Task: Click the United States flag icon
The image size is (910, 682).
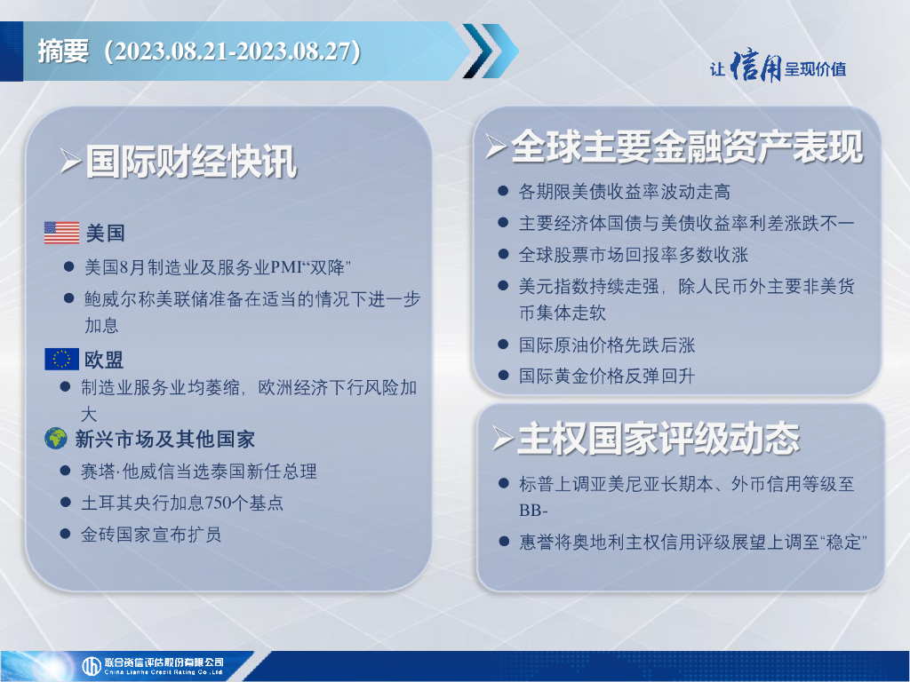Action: pos(61,233)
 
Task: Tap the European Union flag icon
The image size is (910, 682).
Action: pos(61,359)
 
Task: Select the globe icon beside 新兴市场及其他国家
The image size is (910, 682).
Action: pos(56,439)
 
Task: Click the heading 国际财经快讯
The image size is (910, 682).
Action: pos(192,162)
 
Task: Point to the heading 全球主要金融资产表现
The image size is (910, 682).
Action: pos(687,147)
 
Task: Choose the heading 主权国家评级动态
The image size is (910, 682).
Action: pos(659,439)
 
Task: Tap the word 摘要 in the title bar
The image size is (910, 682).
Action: pos(63,51)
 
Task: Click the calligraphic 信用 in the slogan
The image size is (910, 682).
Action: pos(755,67)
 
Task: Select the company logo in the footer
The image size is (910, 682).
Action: pos(153,666)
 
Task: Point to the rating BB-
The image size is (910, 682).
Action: pos(533,511)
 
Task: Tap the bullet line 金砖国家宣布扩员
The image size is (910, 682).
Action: pos(151,534)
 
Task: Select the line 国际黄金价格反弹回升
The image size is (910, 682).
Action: pos(606,376)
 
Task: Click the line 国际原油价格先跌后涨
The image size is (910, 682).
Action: pos(606,345)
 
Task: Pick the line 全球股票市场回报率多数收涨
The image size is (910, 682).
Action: pos(633,255)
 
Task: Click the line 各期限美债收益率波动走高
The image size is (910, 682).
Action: pos(625,192)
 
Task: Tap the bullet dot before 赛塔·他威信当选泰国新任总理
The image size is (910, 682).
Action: pos(66,471)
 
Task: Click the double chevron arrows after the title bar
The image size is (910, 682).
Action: pos(491,51)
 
